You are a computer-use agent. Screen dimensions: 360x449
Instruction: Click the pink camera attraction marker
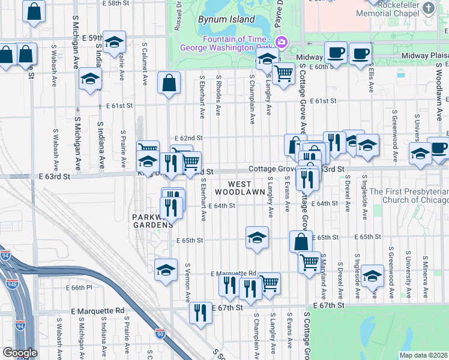click(281, 43)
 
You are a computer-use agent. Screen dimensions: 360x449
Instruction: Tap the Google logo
click(20, 353)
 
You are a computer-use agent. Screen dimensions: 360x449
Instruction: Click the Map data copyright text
click(423, 355)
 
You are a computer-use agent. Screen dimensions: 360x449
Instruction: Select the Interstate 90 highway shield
click(160, 332)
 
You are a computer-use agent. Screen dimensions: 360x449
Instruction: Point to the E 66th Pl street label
click(80, 287)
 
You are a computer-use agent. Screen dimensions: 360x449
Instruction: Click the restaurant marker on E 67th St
click(200, 312)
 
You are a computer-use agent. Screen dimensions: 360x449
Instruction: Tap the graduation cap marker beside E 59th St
click(114, 42)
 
